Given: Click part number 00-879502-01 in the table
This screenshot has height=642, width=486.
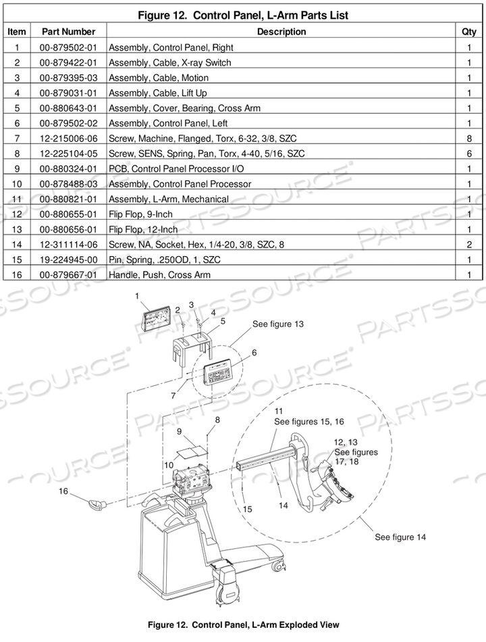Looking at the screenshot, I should click(x=68, y=47).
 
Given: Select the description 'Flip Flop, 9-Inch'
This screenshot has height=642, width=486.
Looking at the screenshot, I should click(x=140, y=214).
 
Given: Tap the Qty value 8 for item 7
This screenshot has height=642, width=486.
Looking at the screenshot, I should click(x=468, y=139).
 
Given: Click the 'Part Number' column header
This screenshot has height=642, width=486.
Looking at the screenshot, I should click(x=68, y=32).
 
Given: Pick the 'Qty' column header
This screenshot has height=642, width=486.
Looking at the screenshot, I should click(x=468, y=32).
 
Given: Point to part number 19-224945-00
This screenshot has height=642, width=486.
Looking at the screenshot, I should click(x=68, y=260).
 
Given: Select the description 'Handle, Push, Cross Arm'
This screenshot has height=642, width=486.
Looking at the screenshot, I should click(x=159, y=275).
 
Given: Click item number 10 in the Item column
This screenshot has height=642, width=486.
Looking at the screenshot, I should click(x=17, y=184).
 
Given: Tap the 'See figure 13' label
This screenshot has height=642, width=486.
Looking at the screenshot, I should click(x=277, y=324).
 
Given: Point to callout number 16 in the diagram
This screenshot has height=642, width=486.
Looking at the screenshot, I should click(x=63, y=491).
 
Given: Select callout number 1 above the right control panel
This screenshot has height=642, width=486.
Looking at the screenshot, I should click(x=137, y=296).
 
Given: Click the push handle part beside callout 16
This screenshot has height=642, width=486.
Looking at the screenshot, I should click(x=99, y=502).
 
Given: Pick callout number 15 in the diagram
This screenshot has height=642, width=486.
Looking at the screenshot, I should click(x=248, y=508).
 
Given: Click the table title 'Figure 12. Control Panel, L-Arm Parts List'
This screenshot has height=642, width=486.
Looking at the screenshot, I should click(x=243, y=15).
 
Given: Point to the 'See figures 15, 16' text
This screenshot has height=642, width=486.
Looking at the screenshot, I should click(x=308, y=421).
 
